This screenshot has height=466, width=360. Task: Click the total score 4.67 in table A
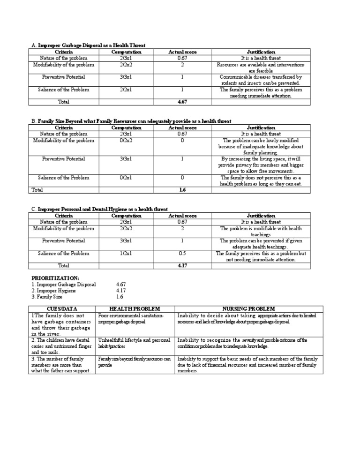coord(182,101)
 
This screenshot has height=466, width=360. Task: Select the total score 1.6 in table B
coord(182,190)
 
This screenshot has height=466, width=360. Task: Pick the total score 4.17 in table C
coord(182,265)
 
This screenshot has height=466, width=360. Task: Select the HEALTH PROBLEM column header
coord(135,308)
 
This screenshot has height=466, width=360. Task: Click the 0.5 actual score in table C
coord(182,254)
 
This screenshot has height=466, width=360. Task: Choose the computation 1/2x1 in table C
coord(127,254)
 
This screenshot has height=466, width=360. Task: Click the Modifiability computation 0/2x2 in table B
coord(127,140)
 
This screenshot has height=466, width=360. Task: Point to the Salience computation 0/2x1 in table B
coord(127,178)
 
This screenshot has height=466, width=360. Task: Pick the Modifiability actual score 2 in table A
coord(182,65)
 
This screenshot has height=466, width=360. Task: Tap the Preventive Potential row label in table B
coord(63,159)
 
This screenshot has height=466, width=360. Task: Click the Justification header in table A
coord(261,52)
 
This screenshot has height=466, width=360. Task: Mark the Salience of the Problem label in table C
coord(63,254)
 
